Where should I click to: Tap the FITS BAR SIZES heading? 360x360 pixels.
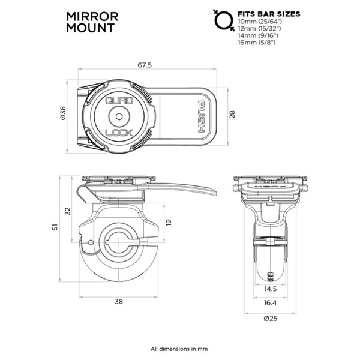pos(269,13)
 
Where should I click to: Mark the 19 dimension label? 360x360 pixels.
pos(169,222)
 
